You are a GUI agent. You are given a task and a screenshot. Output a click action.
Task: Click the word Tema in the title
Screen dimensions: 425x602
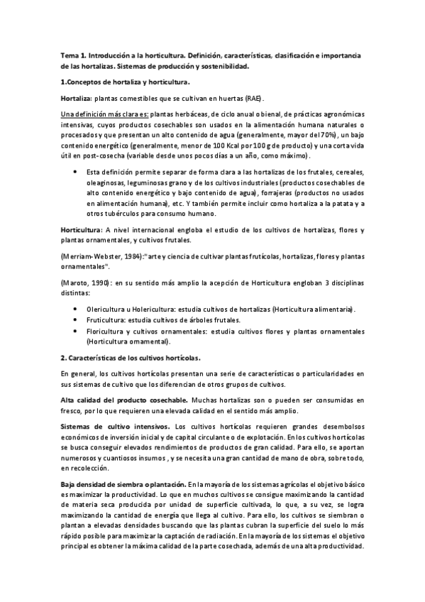click(x=69, y=55)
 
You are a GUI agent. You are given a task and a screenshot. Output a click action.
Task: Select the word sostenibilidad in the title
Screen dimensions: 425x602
click(x=225, y=67)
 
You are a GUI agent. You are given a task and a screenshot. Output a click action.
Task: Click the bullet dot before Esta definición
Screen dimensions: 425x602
click(x=76, y=173)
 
